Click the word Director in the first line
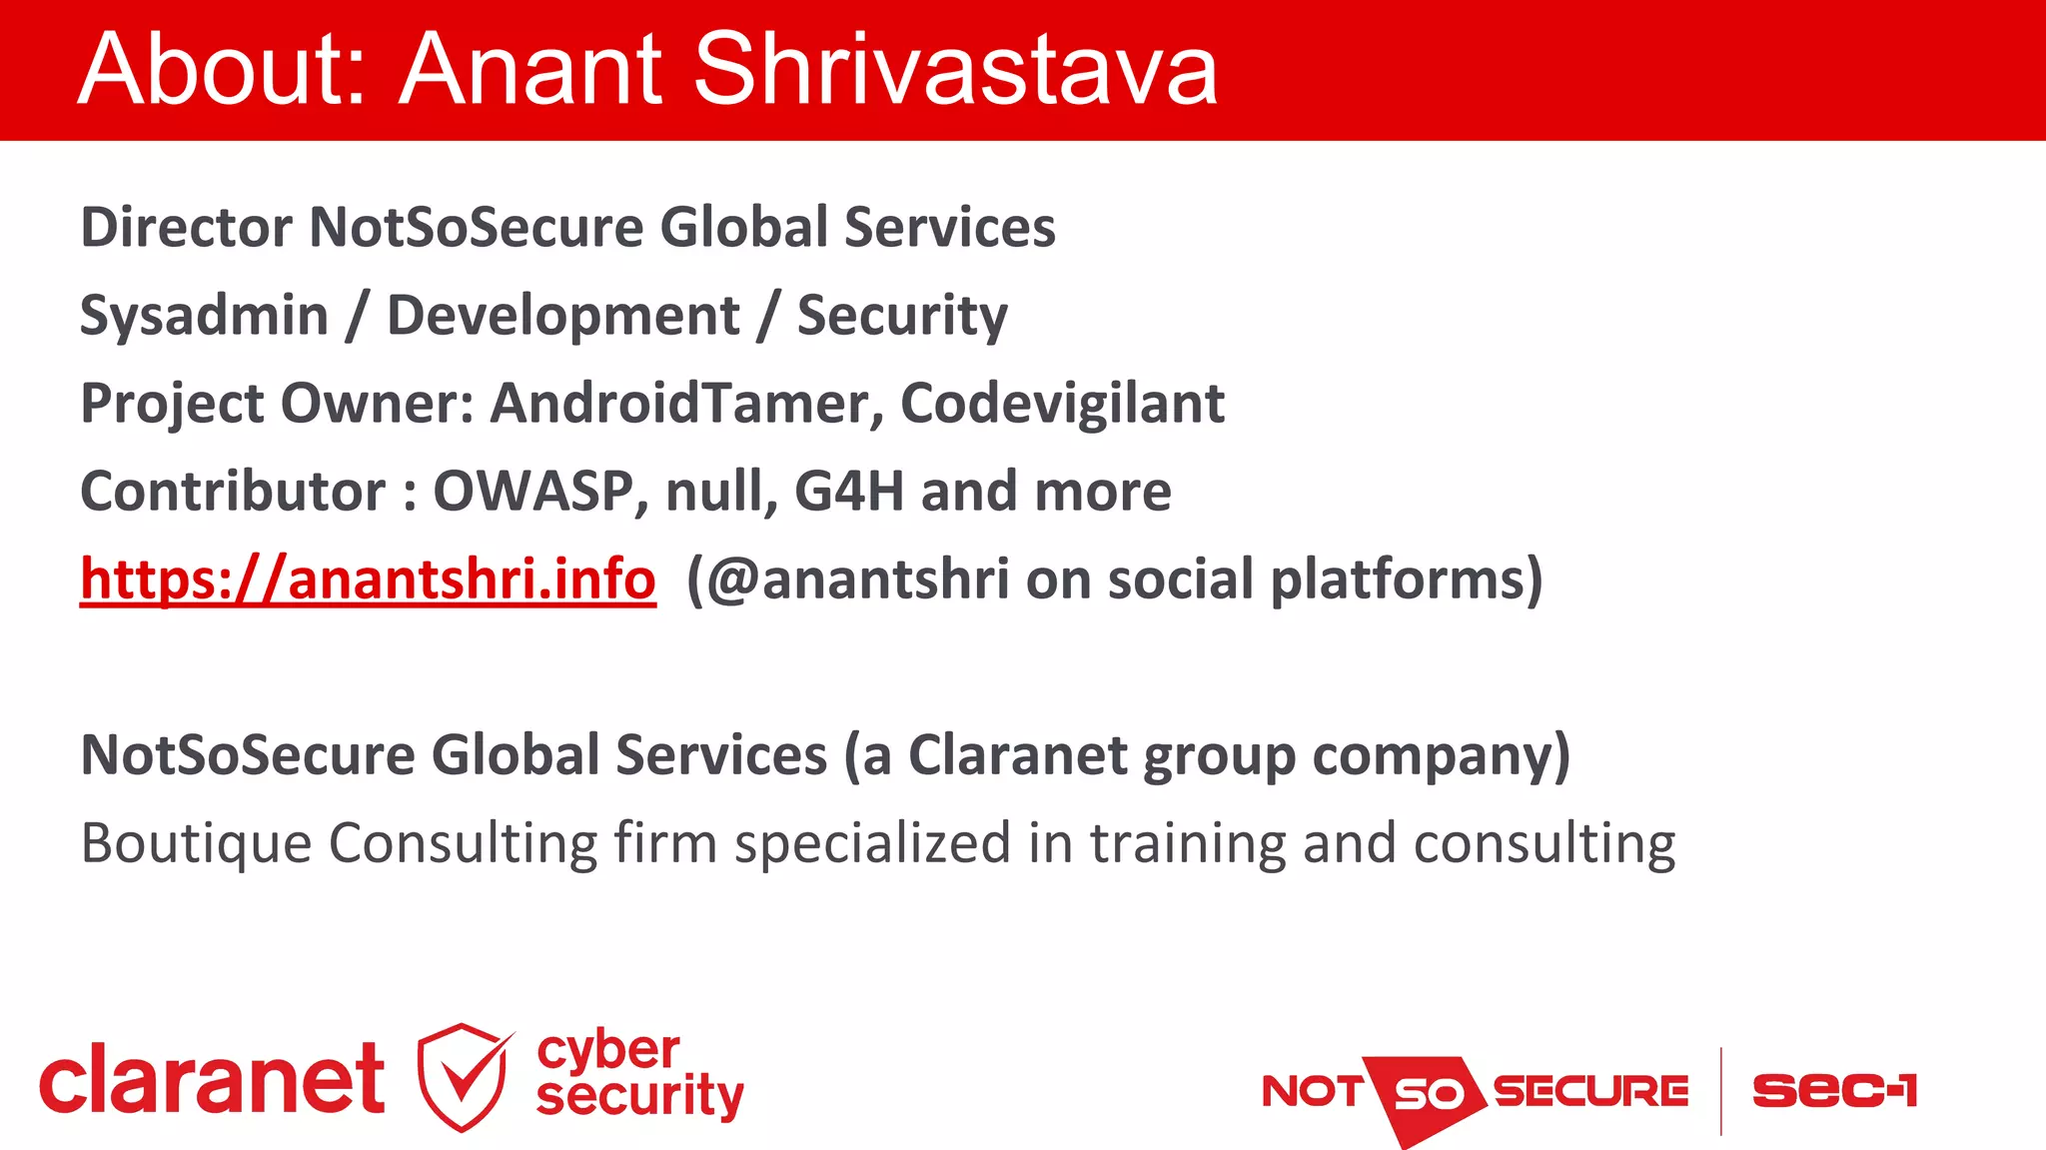(187, 228)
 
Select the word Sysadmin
(204, 316)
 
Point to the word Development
(563, 316)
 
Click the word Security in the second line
(902, 316)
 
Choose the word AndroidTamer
(686, 404)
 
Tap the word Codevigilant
(1062, 404)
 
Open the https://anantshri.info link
(368, 579)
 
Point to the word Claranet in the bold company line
(1018, 755)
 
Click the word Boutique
(196, 843)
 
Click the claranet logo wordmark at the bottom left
(212, 1081)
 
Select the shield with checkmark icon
(463, 1077)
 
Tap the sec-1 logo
(1834, 1090)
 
